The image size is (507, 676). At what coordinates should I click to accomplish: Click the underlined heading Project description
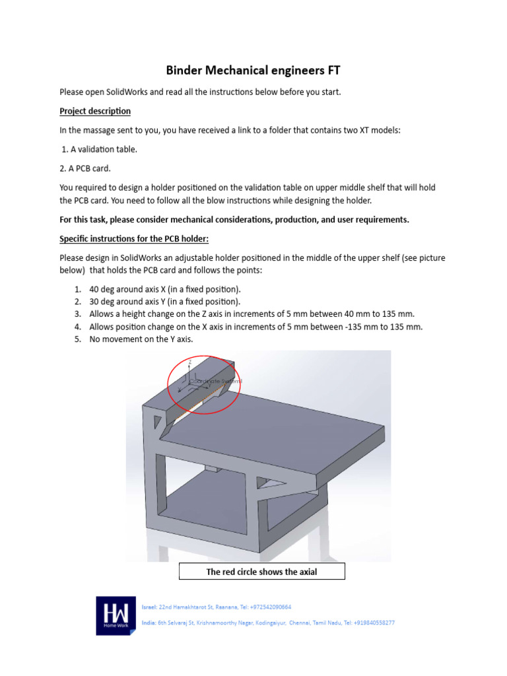[x=95, y=111]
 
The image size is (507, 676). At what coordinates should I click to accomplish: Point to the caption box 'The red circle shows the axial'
[x=261, y=572]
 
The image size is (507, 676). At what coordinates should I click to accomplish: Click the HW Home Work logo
[x=116, y=615]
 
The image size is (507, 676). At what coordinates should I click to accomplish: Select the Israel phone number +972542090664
[x=268, y=607]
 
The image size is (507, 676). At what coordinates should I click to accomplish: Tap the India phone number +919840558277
[x=371, y=623]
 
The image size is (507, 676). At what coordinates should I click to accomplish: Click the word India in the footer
[x=149, y=623]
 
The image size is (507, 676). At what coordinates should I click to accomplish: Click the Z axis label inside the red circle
[x=190, y=362]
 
